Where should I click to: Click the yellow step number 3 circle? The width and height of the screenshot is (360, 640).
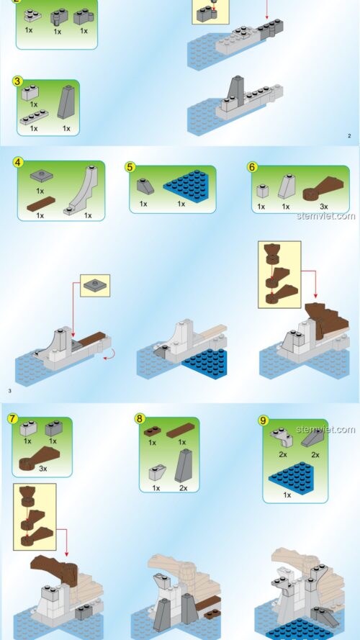point(17,81)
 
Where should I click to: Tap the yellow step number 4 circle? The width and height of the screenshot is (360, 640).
point(17,162)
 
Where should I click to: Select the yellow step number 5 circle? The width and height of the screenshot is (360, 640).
point(130,166)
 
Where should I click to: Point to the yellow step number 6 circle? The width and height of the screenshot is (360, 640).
point(252,166)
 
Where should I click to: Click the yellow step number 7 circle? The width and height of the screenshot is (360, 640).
point(13,418)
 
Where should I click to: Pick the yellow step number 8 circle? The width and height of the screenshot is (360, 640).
point(140,418)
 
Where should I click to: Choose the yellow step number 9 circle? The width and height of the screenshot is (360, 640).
point(264,420)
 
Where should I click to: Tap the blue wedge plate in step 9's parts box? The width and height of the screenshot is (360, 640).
point(292,477)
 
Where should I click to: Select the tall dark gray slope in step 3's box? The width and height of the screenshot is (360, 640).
point(66,102)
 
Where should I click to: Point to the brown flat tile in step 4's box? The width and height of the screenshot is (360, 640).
point(41,204)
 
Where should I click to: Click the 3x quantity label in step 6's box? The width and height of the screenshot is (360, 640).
point(323,207)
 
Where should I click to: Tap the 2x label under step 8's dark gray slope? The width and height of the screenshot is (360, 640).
point(184,488)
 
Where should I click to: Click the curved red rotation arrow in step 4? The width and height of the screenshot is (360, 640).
point(108,356)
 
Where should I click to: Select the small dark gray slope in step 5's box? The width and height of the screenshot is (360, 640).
point(145,186)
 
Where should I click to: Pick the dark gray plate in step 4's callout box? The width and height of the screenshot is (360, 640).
point(95,285)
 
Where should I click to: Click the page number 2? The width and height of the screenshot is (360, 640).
point(349,136)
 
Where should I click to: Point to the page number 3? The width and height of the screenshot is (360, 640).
point(9,391)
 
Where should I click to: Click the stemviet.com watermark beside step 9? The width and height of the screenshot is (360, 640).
point(325,429)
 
